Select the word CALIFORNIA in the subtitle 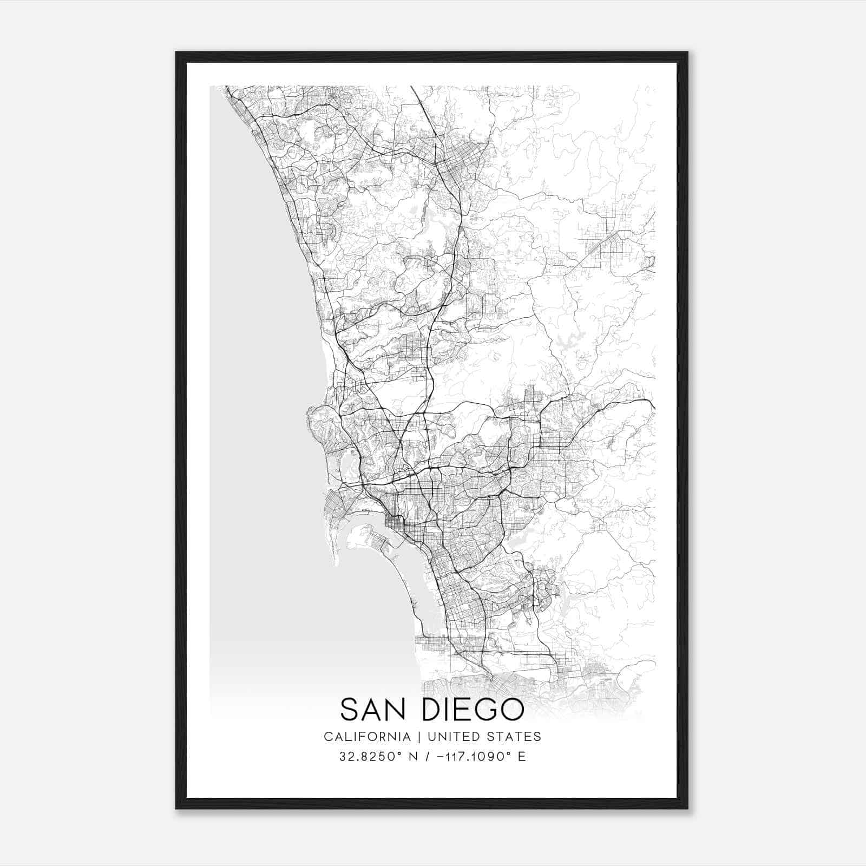coord(367,737)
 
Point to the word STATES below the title coord(514,737)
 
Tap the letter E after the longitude coord(522,757)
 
